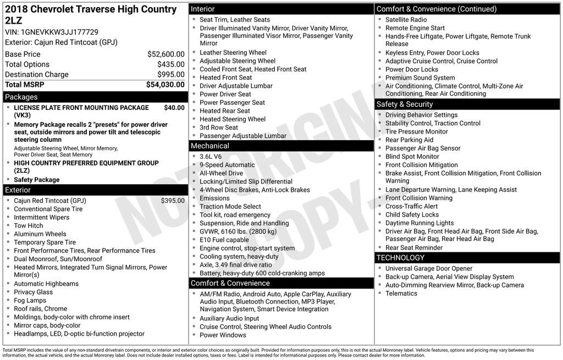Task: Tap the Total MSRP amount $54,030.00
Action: (165, 85)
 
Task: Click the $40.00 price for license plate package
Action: (174, 108)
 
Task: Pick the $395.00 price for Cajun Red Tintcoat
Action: (173, 201)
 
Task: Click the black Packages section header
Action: (95, 97)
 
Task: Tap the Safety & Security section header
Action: (467, 104)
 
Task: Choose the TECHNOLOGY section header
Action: (467, 257)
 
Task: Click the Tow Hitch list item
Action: (29, 226)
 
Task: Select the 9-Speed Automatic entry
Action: (227, 165)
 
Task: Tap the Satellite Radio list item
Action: (406, 20)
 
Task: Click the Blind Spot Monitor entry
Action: (412, 157)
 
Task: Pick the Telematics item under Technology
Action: (401, 293)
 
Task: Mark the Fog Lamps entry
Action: (30, 301)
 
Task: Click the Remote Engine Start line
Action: (415, 28)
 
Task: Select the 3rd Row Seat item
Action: (219, 128)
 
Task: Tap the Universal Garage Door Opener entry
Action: (429, 268)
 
